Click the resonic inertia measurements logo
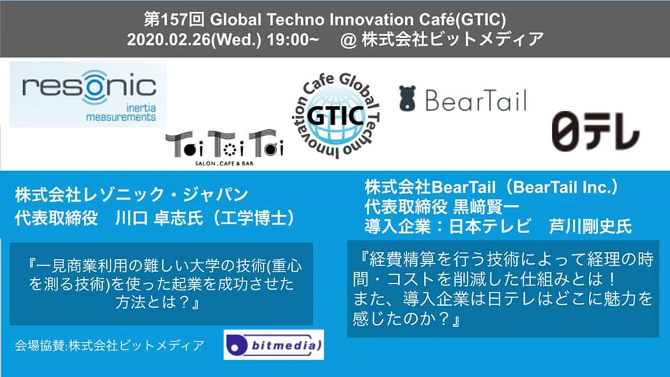(88, 94)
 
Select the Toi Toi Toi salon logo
(224, 148)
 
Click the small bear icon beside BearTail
(407, 98)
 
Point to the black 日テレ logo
(595, 131)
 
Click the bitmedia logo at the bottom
(273, 345)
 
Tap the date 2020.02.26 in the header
(169, 40)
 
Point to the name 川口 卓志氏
(159, 219)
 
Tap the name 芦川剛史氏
(590, 226)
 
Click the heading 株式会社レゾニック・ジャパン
(131, 195)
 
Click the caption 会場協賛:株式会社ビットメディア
(110, 345)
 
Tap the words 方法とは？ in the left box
(157, 302)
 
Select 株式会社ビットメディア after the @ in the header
(453, 40)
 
